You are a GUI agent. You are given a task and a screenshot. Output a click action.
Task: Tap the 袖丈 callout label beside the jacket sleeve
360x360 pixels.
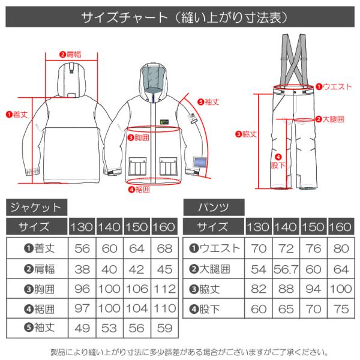208,101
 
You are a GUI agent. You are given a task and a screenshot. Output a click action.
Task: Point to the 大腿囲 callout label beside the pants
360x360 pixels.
329,119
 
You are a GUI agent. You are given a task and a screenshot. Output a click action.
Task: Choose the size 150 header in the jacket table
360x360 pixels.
137,228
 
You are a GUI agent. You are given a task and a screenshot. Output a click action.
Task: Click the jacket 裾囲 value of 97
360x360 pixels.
82,310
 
